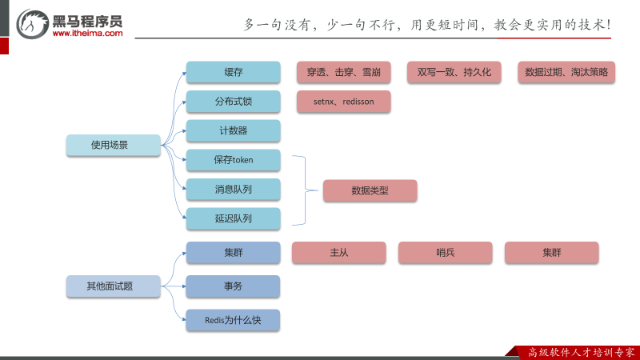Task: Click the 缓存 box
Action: click(x=234, y=73)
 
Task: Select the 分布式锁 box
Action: click(x=234, y=102)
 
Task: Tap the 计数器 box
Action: click(x=234, y=130)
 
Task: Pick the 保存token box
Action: click(x=234, y=160)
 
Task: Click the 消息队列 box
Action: click(x=234, y=190)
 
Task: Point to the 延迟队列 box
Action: click(x=234, y=218)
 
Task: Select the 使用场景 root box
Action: click(x=114, y=145)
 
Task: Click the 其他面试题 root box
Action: click(x=114, y=286)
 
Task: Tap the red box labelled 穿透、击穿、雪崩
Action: click(x=343, y=72)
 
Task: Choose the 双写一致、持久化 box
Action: click(x=454, y=72)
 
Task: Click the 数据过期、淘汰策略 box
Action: click(x=566, y=72)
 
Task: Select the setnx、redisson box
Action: click(x=343, y=102)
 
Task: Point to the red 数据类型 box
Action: click(x=370, y=190)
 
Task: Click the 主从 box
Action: click(x=338, y=253)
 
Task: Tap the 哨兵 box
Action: click(x=445, y=253)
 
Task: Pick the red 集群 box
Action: click(x=551, y=253)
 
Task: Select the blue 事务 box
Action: click(x=234, y=286)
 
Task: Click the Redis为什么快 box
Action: click(x=234, y=320)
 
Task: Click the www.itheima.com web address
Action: click(x=88, y=34)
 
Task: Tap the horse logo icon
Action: click(x=33, y=25)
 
